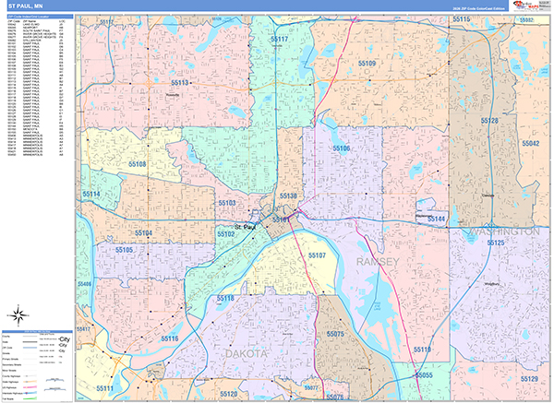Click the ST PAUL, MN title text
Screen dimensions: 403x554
pyautogui.click(x=25, y=6)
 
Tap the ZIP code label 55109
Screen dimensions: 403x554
pyautogui.click(x=367, y=64)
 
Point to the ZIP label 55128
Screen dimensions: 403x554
pyautogui.click(x=489, y=121)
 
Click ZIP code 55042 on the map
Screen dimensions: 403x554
pyautogui.click(x=530, y=144)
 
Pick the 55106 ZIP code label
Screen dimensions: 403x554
pyautogui.click(x=340, y=148)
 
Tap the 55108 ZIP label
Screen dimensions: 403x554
pyautogui.click(x=138, y=164)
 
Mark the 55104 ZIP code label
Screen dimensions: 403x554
pyautogui.click(x=142, y=233)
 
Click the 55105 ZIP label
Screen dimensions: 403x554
pyautogui.click(x=126, y=249)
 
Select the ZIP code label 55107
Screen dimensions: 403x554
pyautogui.click(x=317, y=255)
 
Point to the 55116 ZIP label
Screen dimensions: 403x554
pyautogui.click(x=170, y=339)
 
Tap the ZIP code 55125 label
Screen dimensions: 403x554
pyautogui.click(x=496, y=243)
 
